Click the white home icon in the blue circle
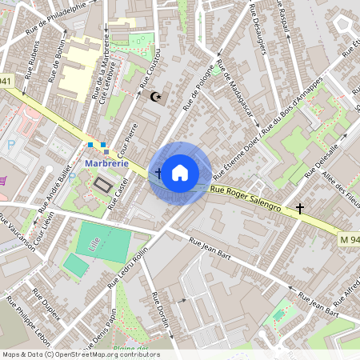pos(180,173)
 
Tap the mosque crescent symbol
pos(156,98)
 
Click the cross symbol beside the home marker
pos(158,173)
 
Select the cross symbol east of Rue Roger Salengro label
pos(300,209)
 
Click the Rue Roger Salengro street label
pos(246,198)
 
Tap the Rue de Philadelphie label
pos(56,17)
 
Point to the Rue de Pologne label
pos(199,87)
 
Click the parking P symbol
pos(11,146)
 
